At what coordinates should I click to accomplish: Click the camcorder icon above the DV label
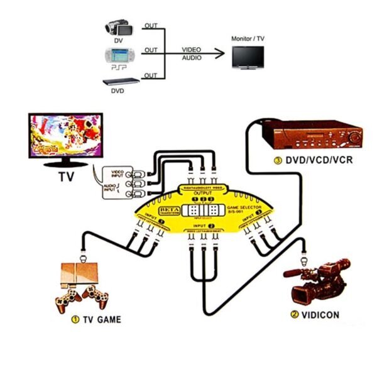(117, 28)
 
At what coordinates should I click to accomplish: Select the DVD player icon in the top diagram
(117, 81)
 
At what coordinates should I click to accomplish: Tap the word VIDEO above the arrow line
(192, 49)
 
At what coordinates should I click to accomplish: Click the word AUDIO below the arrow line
(192, 58)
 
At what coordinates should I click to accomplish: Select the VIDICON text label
(324, 315)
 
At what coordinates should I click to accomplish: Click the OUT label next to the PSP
(151, 50)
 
